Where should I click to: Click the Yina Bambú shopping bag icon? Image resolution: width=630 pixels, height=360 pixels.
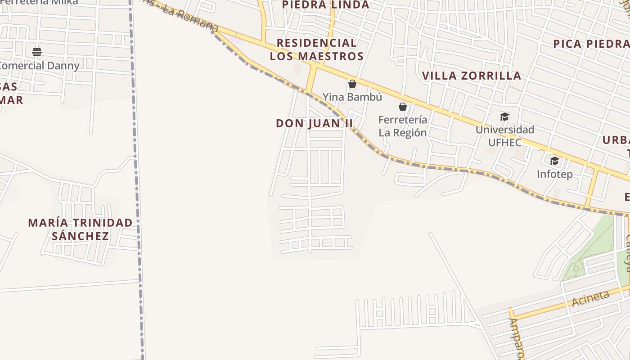(x=352, y=84)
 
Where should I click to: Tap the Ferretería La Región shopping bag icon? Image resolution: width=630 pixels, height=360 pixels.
(x=403, y=107)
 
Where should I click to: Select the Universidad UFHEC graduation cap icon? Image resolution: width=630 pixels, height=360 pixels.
(x=504, y=117)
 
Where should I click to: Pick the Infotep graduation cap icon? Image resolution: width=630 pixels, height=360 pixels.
(x=554, y=161)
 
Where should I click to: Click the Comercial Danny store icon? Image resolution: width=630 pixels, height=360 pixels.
(x=37, y=52)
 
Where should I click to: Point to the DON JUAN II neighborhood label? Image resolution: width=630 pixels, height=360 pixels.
(x=314, y=123)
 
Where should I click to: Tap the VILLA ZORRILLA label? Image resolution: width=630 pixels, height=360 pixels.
(x=472, y=76)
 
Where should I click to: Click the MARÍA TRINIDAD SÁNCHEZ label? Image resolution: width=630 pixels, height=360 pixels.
(x=80, y=229)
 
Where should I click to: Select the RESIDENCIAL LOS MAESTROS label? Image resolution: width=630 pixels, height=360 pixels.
(x=317, y=49)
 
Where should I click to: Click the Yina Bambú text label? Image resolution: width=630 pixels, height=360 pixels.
(x=352, y=97)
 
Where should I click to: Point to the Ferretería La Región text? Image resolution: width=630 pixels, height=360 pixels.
(x=403, y=126)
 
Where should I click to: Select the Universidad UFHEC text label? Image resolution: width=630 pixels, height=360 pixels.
(x=505, y=136)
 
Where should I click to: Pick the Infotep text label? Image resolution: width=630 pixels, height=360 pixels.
(x=554, y=174)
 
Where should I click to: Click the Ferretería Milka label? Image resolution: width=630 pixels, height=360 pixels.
(x=39, y=2)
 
